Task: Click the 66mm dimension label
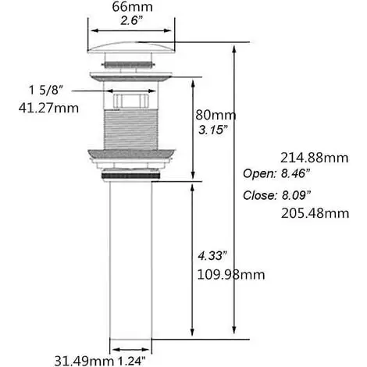pyautogui.click(x=132, y=7)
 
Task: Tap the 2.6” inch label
pyautogui.click(x=132, y=20)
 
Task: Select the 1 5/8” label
pyautogui.click(x=46, y=91)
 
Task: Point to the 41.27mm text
pyautogui.click(x=48, y=108)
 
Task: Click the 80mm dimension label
pyautogui.click(x=216, y=115)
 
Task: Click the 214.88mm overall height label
pyautogui.click(x=314, y=158)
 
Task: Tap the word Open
pyautogui.click(x=259, y=173)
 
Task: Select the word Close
pyautogui.click(x=259, y=195)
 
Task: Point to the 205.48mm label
pyautogui.click(x=315, y=213)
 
